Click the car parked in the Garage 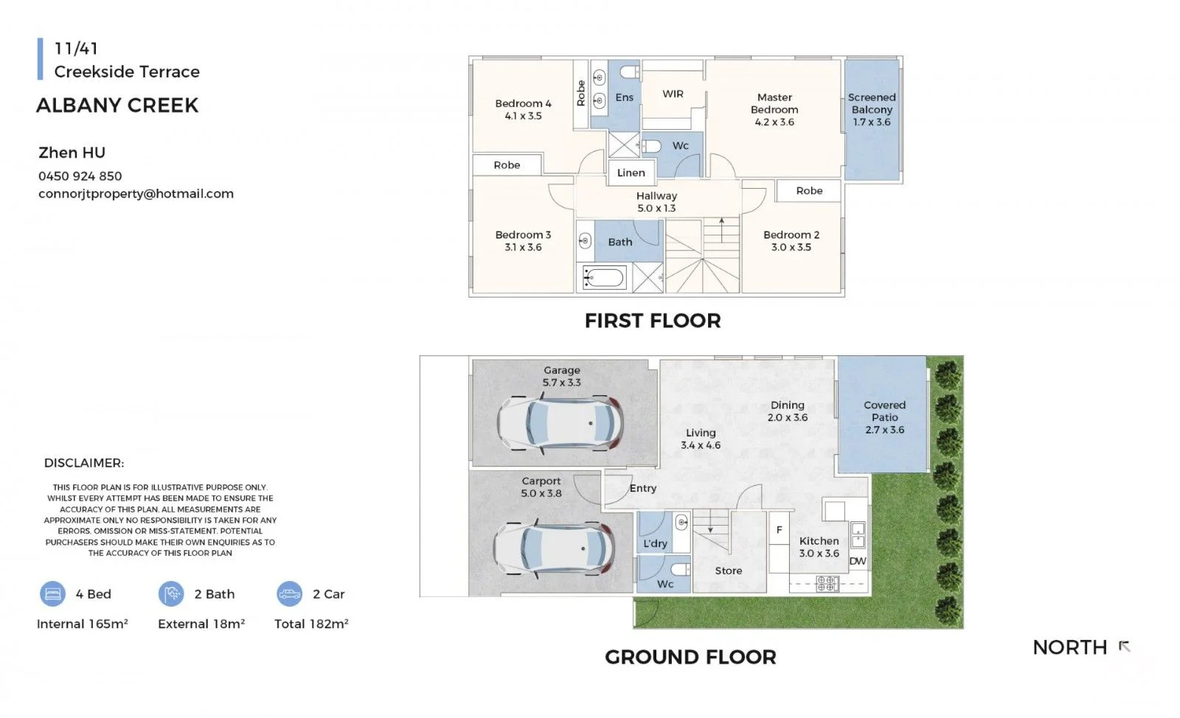[560, 423]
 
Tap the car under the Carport [553, 548]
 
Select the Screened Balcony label [872, 110]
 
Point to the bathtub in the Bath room [604, 277]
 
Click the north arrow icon [1124, 646]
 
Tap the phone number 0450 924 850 [80, 176]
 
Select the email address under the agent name [136, 194]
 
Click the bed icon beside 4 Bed [52, 593]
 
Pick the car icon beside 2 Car [289, 593]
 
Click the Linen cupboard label [631, 172]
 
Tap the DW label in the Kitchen [858, 561]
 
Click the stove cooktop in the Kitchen [827, 583]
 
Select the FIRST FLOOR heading [653, 321]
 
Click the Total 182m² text [311, 624]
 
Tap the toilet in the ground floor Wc [681, 569]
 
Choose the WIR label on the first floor [673, 94]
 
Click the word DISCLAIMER [84, 463]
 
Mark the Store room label [729, 571]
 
